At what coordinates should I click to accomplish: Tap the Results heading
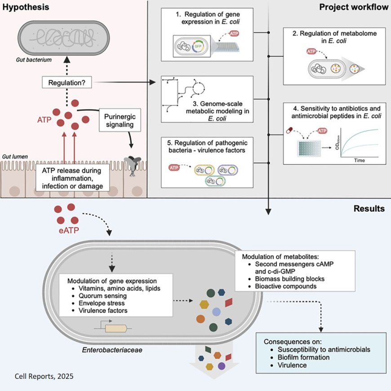pyautogui.click(x=369, y=209)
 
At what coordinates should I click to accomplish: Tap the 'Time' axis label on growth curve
pyautogui.click(x=359, y=160)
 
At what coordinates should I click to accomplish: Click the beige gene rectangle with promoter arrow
pyautogui.click(x=116, y=329)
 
